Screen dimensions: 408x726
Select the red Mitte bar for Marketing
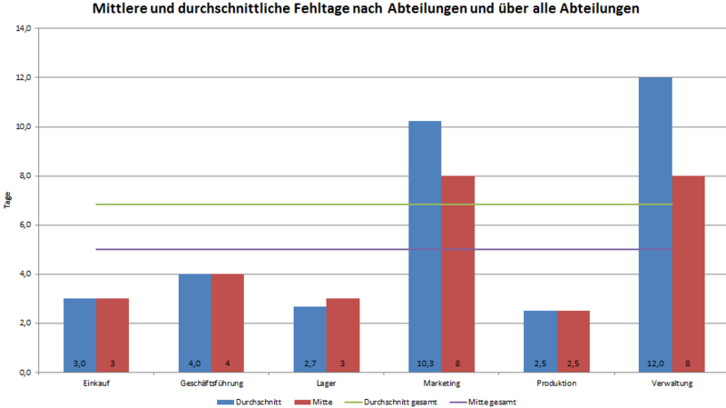click(457, 273)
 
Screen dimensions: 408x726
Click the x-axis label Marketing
click(441, 383)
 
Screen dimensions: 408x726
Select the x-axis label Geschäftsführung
click(211, 383)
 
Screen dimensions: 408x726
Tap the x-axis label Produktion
click(556, 383)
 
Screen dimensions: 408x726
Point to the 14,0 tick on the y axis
click(24, 28)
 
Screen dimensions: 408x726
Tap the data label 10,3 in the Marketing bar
click(425, 363)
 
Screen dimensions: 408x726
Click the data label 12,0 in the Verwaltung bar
click(655, 363)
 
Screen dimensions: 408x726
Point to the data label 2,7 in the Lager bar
click(309, 363)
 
